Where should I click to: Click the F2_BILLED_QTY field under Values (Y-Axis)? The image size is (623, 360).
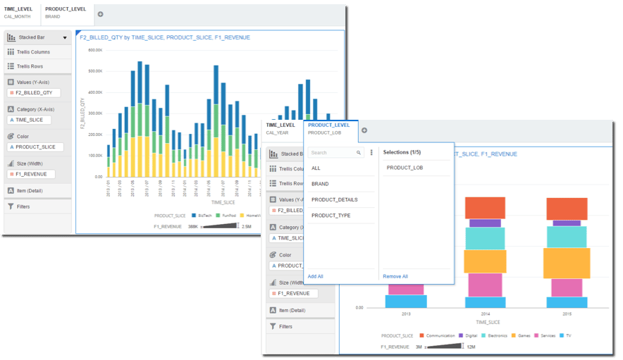coord(35,92)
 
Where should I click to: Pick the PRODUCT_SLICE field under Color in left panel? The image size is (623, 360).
coord(36,147)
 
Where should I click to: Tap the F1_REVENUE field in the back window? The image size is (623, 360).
coord(30,174)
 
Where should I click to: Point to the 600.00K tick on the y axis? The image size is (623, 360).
coord(94,50)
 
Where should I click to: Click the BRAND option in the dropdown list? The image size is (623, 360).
coord(320,184)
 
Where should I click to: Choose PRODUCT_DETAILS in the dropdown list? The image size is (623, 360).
coord(334,199)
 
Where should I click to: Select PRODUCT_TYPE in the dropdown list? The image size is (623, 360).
coord(331,216)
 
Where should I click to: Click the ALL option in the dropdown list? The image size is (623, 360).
coord(316,168)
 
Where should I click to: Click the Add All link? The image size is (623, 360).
coord(315,276)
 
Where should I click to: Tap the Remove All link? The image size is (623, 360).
coord(395,276)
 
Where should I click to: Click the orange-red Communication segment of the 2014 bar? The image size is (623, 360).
coord(484,208)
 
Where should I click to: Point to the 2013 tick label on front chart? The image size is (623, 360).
coord(406,314)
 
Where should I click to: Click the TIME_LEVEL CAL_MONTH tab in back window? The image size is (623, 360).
coord(18,12)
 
